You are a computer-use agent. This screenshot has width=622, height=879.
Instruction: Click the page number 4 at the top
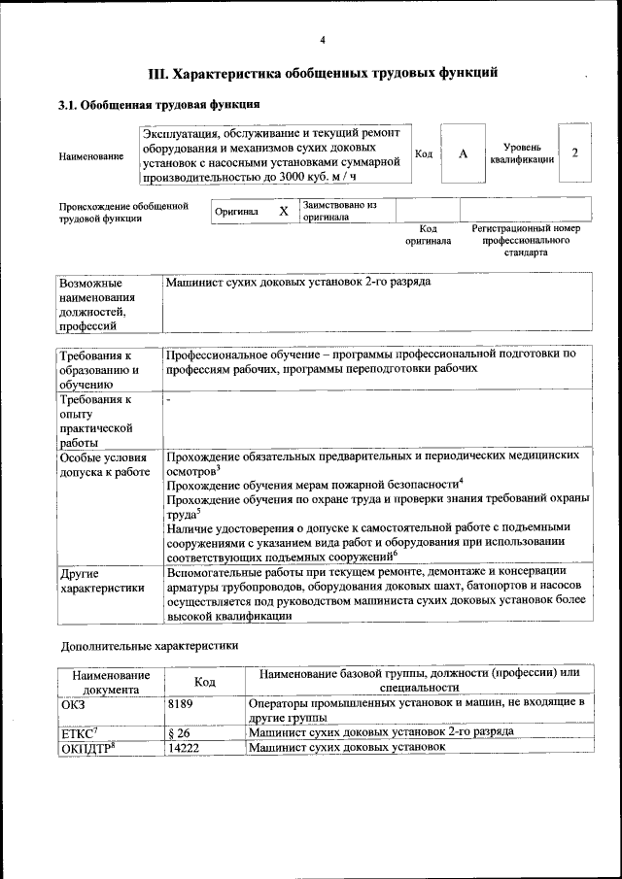322,39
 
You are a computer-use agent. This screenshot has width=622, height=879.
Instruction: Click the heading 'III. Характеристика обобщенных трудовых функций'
323,72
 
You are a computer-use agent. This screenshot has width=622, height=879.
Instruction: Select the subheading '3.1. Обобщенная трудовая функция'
157,104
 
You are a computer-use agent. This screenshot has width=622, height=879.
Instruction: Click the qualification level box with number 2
575,153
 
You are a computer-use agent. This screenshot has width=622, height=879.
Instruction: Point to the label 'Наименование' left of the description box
91,155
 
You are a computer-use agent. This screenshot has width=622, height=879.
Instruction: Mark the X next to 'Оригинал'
284,211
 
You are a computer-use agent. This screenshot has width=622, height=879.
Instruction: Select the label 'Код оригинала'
428,234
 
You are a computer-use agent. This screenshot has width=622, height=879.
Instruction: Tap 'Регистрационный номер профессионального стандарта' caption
525,240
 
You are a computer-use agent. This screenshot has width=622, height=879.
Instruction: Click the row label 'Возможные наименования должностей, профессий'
97,304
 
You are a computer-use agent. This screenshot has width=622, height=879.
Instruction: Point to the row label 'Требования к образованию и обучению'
97,370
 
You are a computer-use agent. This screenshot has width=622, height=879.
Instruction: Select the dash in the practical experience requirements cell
168,399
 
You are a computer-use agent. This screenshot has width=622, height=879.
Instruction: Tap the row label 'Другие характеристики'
93,581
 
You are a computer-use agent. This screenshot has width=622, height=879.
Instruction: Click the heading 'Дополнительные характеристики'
149,645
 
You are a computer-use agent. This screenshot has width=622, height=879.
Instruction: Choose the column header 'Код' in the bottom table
204,683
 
